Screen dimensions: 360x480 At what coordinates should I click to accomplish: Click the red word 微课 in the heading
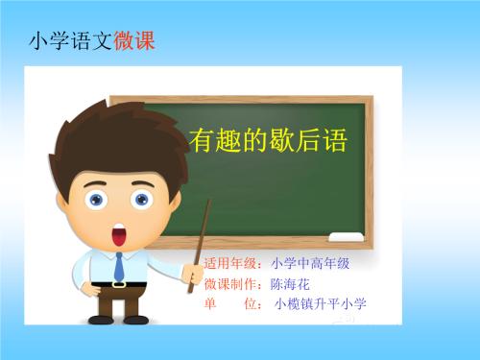click(133, 42)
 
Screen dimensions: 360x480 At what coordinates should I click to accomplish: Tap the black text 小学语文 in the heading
click(72, 42)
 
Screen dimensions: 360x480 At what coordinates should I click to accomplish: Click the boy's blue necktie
click(119, 267)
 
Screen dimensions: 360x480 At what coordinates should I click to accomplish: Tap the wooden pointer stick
click(204, 230)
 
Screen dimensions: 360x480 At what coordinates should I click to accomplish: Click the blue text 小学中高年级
click(310, 263)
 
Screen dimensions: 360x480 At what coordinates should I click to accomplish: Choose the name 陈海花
click(291, 285)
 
